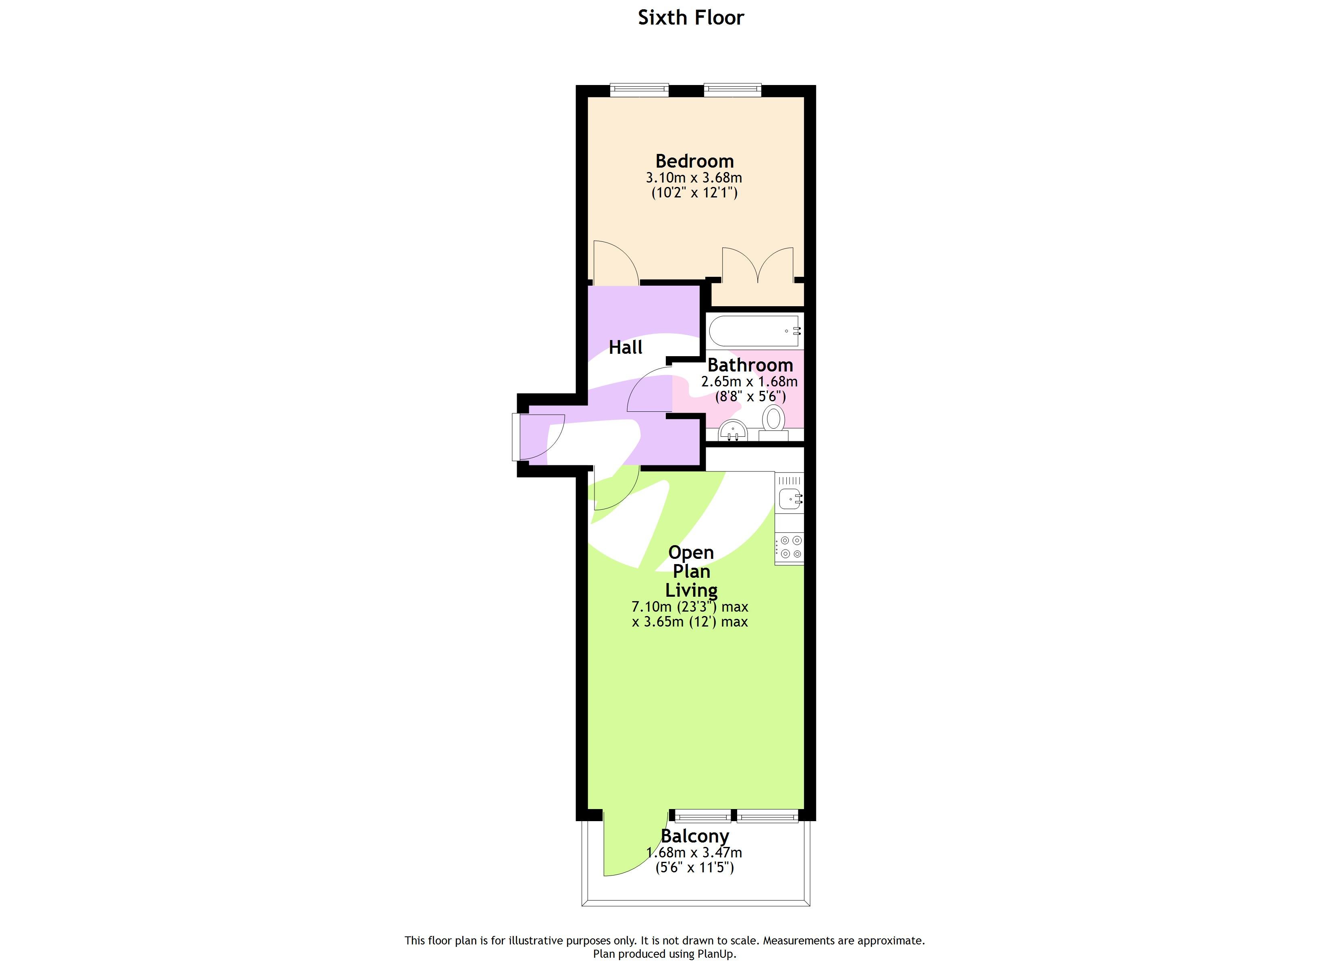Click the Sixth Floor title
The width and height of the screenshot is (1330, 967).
690,18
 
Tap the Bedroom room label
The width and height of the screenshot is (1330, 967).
694,161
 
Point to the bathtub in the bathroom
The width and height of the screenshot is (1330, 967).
754,331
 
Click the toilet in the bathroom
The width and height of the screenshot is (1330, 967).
773,420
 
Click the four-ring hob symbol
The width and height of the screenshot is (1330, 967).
790,546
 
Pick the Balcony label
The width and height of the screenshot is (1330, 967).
694,836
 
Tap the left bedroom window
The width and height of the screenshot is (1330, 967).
639,90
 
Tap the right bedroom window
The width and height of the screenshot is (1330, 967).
732,90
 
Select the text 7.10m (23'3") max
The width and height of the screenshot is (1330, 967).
689,607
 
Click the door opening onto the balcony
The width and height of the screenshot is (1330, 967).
630,845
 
